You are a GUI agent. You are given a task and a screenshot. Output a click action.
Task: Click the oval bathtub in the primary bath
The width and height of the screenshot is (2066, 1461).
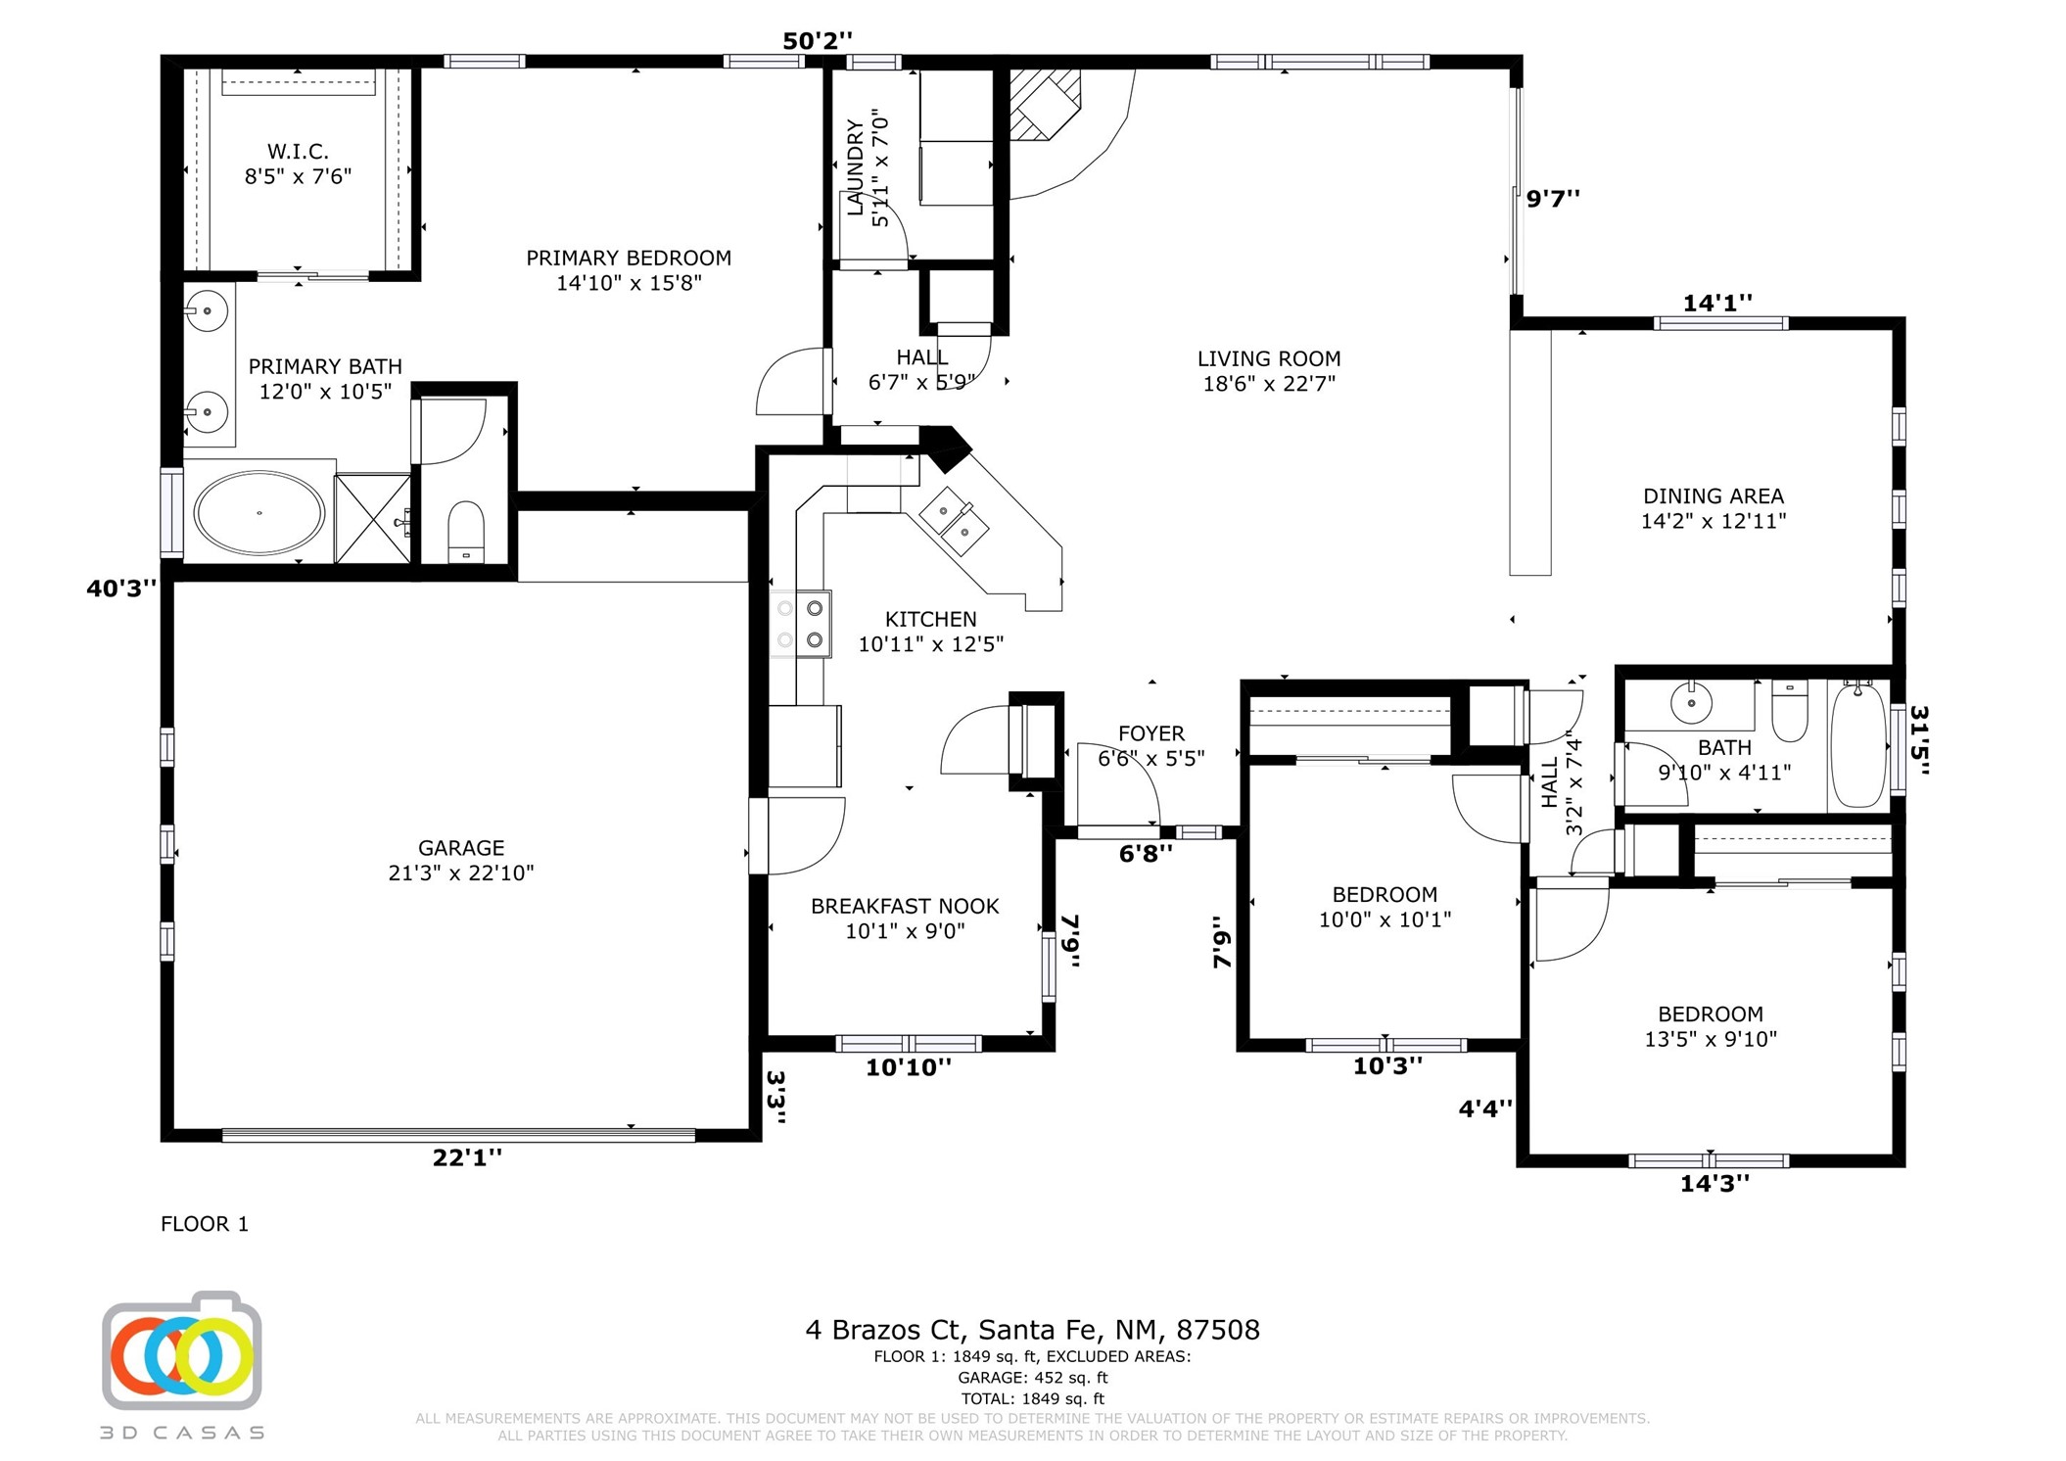[x=258, y=512]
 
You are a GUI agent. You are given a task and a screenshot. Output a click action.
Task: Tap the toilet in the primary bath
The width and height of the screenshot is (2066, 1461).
[x=466, y=532]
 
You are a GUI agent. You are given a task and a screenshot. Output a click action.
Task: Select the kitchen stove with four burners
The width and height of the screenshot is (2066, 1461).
[x=800, y=624]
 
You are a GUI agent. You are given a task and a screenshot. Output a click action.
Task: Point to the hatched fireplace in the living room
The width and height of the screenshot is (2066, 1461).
[x=1045, y=104]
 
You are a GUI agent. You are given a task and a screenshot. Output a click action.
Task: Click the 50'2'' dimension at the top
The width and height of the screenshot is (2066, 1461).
[x=818, y=41]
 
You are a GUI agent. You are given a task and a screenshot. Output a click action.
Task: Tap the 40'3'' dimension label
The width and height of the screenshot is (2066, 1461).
[x=121, y=589]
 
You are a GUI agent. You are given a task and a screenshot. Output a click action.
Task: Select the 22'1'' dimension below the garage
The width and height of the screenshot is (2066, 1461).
[x=467, y=1157]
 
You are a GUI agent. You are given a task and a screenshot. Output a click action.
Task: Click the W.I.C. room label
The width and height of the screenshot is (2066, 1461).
[x=298, y=152]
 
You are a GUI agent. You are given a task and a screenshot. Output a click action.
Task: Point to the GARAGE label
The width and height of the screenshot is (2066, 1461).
[x=461, y=848]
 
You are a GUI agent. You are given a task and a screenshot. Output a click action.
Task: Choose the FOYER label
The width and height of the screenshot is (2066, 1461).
[x=1151, y=733]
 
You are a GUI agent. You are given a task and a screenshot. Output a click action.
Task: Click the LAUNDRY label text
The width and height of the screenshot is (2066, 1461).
[x=856, y=167]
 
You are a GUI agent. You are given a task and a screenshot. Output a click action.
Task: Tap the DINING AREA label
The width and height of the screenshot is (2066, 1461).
[x=1714, y=496]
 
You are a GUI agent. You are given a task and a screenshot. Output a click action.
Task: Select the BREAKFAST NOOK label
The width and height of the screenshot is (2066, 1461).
[x=905, y=907]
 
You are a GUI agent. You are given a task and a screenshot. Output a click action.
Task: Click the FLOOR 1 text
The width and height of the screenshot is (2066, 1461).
[x=205, y=1224]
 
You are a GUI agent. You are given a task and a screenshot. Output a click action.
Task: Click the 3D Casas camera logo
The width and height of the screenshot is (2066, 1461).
[x=182, y=1351]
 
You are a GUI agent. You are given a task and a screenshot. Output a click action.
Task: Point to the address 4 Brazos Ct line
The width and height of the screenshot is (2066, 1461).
[x=1032, y=1330]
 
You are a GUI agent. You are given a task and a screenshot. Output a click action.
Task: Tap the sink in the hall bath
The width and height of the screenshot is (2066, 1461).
[x=1691, y=702]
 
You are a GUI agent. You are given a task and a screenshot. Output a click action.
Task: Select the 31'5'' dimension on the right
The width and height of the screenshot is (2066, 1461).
[x=1919, y=740]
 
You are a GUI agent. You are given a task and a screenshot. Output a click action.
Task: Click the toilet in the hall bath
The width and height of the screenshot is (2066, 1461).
[x=1790, y=712]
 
